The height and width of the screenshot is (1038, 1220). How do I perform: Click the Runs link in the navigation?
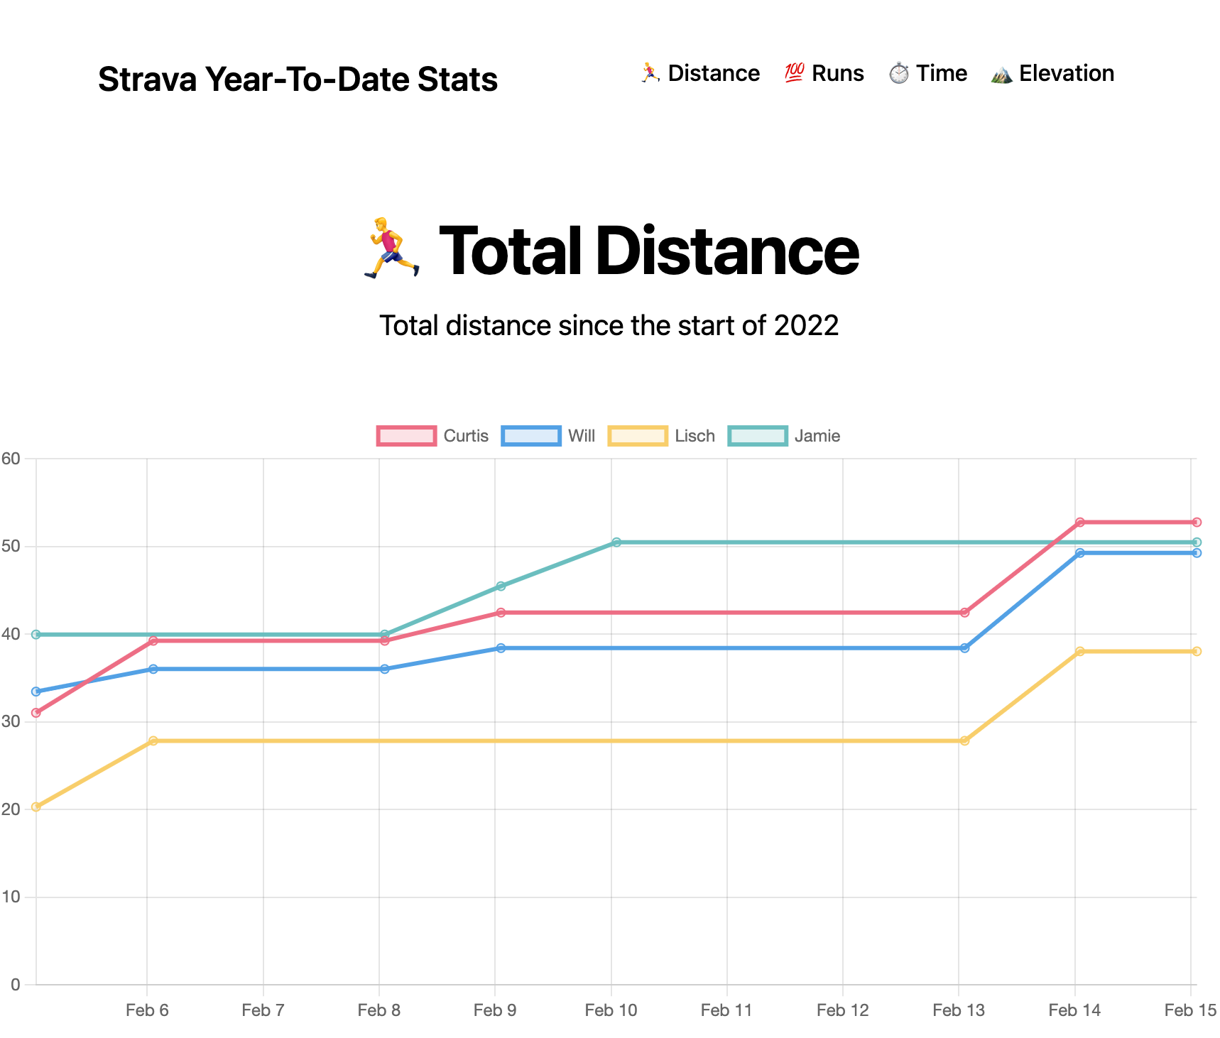pyautogui.click(x=824, y=73)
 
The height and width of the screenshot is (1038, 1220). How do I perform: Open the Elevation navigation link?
pyautogui.click(x=1052, y=73)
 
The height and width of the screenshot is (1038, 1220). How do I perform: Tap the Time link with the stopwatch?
pyautogui.click(x=927, y=73)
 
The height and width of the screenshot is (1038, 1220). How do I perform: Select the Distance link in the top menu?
pyautogui.click(x=699, y=73)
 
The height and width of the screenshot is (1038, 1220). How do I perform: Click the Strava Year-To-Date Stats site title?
pyautogui.click(x=298, y=79)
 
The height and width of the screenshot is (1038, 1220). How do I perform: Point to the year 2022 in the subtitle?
pyautogui.click(x=806, y=326)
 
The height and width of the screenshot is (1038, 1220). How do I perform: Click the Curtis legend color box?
pyautogui.click(x=406, y=436)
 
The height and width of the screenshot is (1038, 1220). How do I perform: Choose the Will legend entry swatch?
pyautogui.click(x=530, y=436)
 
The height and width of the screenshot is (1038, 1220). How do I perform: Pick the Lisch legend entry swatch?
pyautogui.click(x=638, y=436)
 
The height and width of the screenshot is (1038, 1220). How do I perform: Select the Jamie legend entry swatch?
pyautogui.click(x=758, y=436)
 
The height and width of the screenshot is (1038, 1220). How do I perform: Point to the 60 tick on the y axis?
pyautogui.click(x=11, y=459)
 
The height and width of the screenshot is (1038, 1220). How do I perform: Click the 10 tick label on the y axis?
pyautogui.click(x=11, y=897)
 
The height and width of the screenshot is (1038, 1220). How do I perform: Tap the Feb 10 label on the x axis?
pyautogui.click(x=611, y=1010)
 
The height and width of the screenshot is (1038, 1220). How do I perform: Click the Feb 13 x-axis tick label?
pyautogui.click(x=959, y=1010)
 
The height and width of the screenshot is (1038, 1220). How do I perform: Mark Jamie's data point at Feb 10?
pyautogui.click(x=616, y=542)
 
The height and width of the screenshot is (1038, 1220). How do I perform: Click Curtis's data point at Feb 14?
pyautogui.click(x=1080, y=523)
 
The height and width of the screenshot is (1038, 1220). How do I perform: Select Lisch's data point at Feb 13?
pyautogui.click(x=964, y=741)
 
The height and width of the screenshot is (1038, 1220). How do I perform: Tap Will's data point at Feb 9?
pyautogui.click(x=501, y=648)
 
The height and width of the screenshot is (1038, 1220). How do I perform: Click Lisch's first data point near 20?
pyautogui.click(x=36, y=807)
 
